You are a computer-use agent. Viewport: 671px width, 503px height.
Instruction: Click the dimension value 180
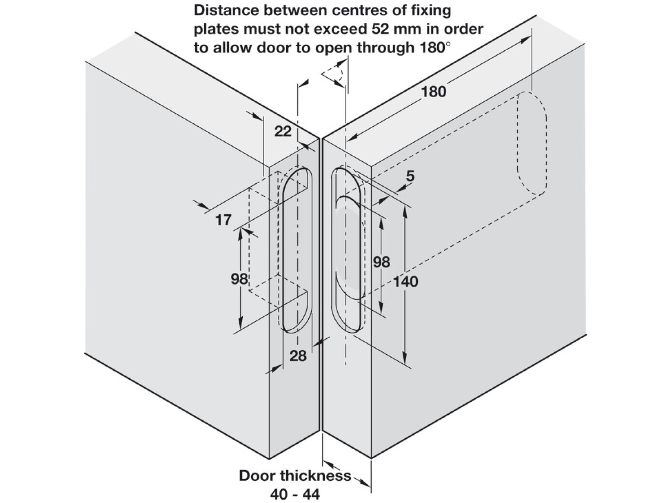pos(433,91)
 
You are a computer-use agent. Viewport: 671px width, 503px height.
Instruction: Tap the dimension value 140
pos(406,282)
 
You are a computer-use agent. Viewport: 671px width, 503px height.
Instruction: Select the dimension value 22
pos(283,131)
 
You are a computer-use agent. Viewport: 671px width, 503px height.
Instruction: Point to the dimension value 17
pos(223,220)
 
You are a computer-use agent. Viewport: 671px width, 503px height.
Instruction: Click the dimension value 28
pos(298,356)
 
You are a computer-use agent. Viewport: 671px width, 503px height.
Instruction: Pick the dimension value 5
pos(410,176)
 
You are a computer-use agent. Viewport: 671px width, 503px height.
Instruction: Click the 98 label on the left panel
pos(239,279)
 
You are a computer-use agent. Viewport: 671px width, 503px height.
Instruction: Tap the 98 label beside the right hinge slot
pos(381,262)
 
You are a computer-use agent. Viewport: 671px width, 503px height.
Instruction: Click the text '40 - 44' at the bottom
pos(295,494)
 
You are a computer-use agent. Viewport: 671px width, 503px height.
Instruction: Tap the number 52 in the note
pos(385,29)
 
